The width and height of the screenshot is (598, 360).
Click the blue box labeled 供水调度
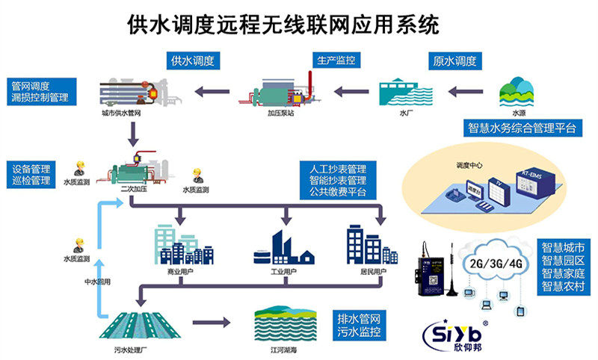click(193, 61)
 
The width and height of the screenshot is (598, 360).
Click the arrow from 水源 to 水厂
click(469, 92)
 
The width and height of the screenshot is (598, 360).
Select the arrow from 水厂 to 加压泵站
click(352, 92)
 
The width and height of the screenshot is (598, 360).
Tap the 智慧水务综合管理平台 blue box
click(523, 128)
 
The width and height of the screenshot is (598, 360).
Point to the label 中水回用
click(96, 283)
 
